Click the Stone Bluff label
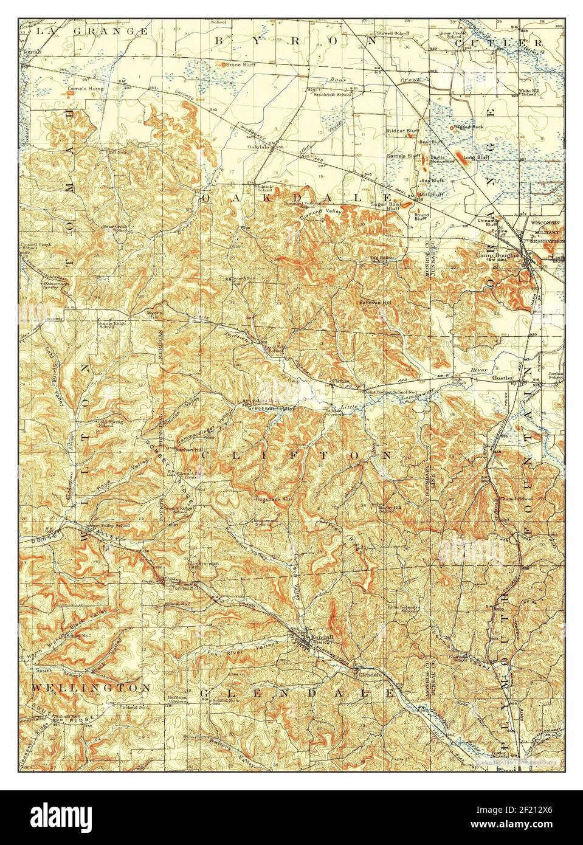pos(238,64)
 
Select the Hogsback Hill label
pos(274,498)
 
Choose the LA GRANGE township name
pos(92,30)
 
